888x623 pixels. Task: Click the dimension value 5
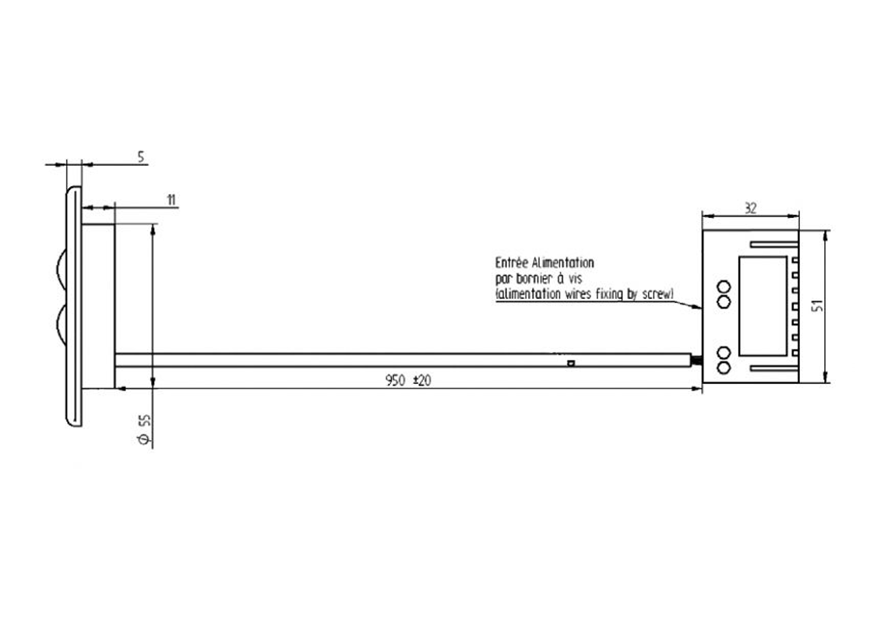point(141,157)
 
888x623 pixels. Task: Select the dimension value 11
point(171,200)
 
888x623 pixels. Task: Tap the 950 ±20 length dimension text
point(407,380)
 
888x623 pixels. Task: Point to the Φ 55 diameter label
point(145,429)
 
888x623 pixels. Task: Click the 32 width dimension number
point(750,209)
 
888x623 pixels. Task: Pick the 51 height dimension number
point(816,306)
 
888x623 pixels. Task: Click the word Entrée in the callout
point(512,262)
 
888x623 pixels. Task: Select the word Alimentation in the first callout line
point(563,262)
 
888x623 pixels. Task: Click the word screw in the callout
point(657,294)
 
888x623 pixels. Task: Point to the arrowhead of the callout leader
point(698,306)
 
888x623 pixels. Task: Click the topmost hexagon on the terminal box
point(724,287)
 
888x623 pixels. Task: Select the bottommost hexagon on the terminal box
point(724,368)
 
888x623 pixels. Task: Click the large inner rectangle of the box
point(763,306)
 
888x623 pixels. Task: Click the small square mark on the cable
point(571,363)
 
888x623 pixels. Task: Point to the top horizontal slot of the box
point(775,245)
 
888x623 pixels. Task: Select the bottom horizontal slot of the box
point(775,368)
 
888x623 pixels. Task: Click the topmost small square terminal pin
point(795,260)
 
